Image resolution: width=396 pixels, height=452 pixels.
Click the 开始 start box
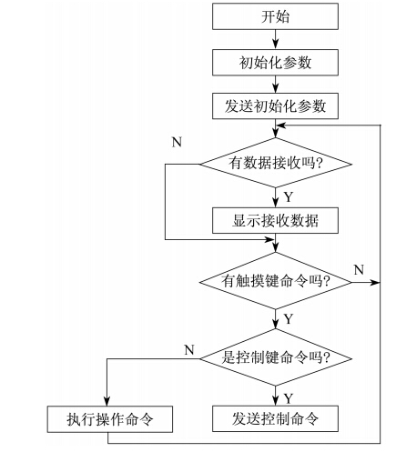click(x=275, y=16)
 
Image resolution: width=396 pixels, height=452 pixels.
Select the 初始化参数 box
click(x=275, y=63)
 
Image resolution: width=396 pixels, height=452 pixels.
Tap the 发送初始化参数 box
click(x=275, y=105)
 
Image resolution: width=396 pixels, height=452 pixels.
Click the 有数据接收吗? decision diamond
click(x=276, y=163)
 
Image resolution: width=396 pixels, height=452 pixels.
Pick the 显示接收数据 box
click(x=275, y=220)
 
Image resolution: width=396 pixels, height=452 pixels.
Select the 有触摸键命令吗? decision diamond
click(x=276, y=281)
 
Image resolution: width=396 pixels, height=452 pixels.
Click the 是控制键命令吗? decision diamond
click(x=276, y=357)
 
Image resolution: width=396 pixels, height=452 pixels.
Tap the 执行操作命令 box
click(x=110, y=419)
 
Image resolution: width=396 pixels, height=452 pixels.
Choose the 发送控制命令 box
click(x=275, y=418)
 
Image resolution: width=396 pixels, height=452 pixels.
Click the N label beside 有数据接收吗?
click(x=177, y=142)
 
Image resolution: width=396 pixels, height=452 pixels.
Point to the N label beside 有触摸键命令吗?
click(x=359, y=269)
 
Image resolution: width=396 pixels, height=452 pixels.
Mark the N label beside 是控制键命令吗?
click(x=189, y=350)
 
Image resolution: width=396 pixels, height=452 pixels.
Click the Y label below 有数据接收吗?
click(x=289, y=197)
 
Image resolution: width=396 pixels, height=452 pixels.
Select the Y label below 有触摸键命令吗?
click(x=289, y=319)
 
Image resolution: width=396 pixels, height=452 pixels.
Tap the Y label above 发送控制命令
click(x=289, y=398)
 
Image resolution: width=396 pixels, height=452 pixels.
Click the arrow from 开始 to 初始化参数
click(x=276, y=40)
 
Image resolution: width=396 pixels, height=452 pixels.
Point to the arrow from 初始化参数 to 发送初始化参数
click(x=276, y=85)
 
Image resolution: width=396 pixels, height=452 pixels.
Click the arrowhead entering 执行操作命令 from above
click(x=107, y=401)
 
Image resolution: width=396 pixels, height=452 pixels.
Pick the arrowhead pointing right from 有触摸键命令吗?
click(x=375, y=282)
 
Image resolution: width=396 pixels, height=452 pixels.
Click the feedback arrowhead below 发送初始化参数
click(x=281, y=125)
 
